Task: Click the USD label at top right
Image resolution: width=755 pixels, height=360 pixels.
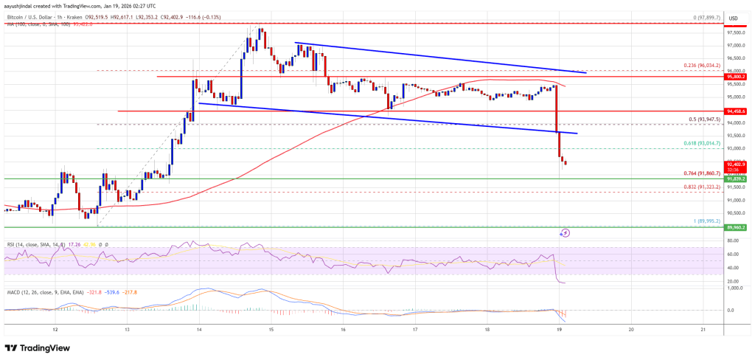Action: tap(734, 18)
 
